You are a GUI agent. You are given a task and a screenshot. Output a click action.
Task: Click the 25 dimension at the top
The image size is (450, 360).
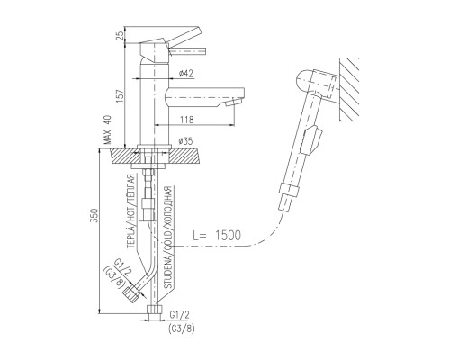120,36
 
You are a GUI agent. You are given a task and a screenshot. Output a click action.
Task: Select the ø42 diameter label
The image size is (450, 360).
185,73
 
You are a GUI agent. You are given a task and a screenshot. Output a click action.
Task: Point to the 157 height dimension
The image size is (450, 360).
120,96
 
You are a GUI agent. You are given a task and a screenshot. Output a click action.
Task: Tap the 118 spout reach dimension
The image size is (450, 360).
187,120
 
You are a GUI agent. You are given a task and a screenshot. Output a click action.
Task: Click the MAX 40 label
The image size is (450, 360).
107,130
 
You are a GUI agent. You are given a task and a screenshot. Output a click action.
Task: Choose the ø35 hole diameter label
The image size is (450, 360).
185,141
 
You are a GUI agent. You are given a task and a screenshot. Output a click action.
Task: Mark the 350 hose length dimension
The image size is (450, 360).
94,215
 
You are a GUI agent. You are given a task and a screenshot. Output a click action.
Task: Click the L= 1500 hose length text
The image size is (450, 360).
217,236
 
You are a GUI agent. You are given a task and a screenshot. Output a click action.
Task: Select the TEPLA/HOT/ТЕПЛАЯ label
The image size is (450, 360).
130,211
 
